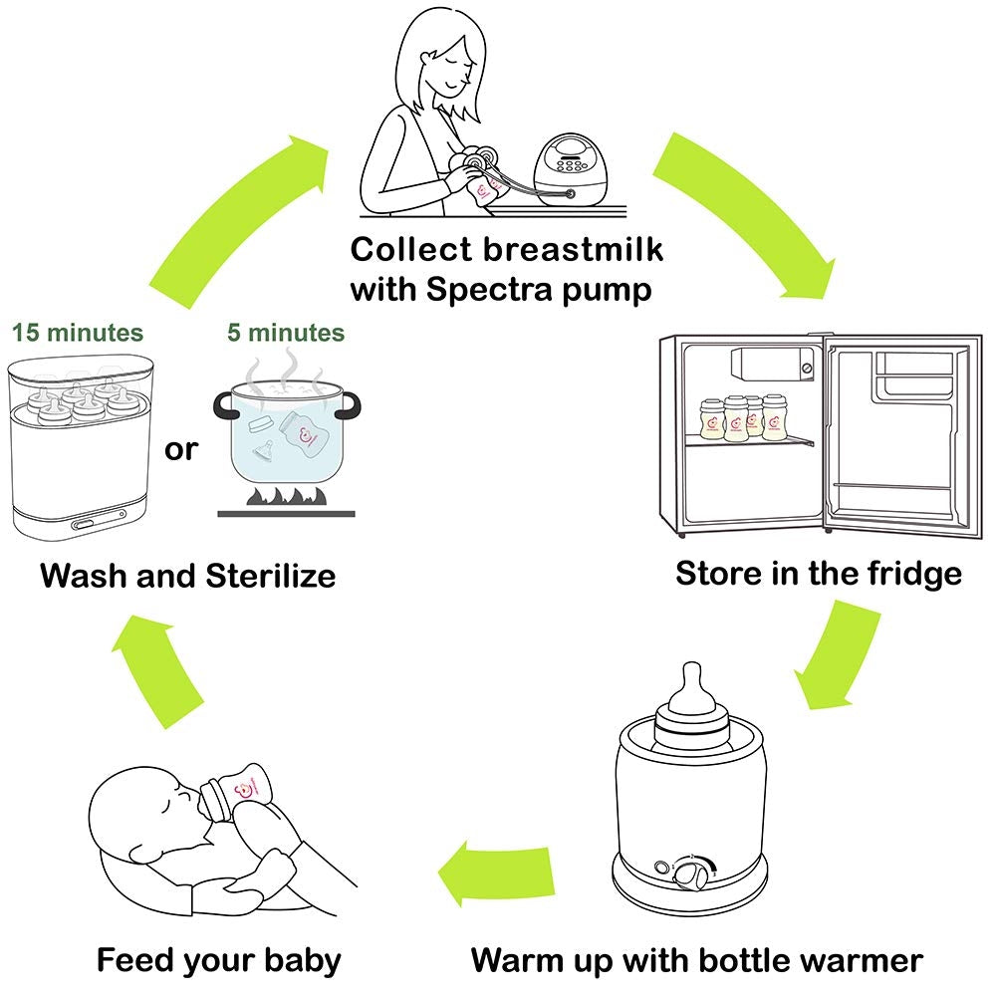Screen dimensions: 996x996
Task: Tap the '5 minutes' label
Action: [x=285, y=332]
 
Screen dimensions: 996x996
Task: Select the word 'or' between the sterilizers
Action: [x=181, y=449]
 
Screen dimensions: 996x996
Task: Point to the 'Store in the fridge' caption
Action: [x=819, y=574]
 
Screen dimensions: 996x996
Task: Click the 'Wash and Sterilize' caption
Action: [x=187, y=576]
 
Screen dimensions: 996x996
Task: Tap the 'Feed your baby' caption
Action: [x=218, y=960]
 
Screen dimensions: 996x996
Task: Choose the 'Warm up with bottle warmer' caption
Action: [x=696, y=960]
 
